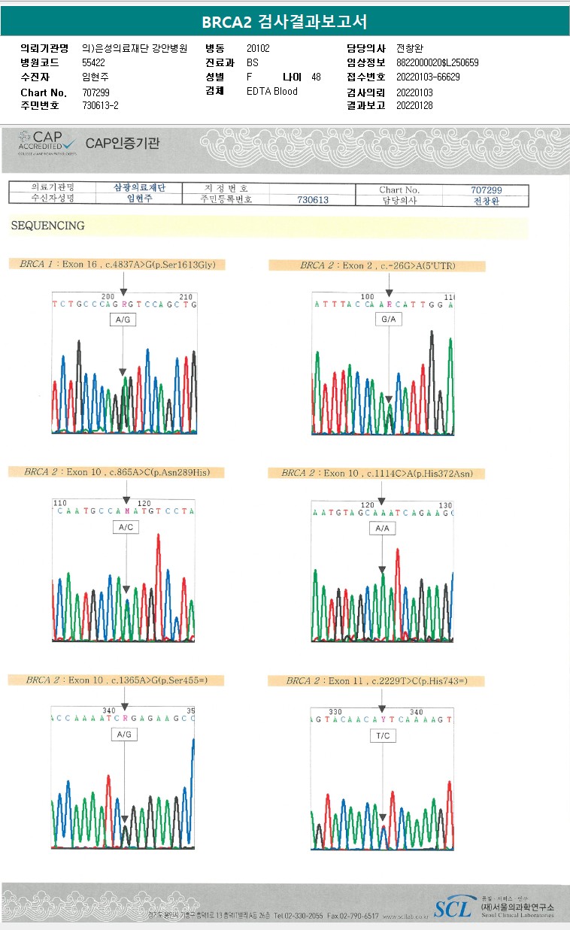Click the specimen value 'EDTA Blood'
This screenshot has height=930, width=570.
point(271,92)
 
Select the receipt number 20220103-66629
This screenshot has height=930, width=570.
point(427,77)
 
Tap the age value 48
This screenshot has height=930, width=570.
point(316,77)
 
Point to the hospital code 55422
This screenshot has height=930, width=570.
point(94,62)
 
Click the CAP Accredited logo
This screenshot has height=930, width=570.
point(47,141)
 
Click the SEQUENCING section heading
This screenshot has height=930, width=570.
point(47,226)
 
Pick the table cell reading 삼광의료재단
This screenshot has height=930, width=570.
point(138,188)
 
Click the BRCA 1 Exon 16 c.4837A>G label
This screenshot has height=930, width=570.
point(117,265)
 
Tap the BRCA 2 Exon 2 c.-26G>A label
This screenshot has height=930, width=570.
point(377,265)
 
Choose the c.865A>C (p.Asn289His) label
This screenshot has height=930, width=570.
point(117,472)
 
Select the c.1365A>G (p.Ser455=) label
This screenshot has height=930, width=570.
point(117,680)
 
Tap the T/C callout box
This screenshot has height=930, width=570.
point(382,736)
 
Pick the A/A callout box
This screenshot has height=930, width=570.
point(382,529)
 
